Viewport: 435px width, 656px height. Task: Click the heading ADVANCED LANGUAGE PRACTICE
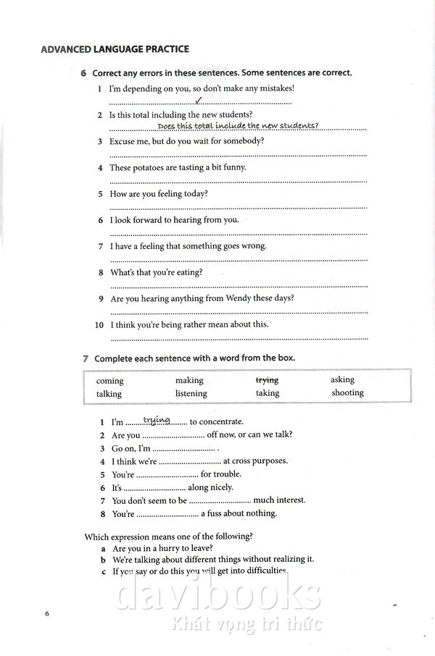tap(115, 49)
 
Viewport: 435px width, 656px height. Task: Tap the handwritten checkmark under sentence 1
tap(198, 101)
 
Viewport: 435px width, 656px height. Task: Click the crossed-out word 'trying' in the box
tap(267, 379)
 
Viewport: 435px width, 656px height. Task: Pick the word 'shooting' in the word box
tap(347, 392)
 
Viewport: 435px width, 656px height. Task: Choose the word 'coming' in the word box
tap(110, 381)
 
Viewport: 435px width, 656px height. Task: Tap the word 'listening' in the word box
tap(191, 394)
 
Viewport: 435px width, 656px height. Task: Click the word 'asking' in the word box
tap(342, 379)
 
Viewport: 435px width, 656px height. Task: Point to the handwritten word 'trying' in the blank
tap(157, 419)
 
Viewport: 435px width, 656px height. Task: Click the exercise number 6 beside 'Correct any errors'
tap(84, 73)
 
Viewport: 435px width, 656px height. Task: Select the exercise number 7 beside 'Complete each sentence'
tap(86, 358)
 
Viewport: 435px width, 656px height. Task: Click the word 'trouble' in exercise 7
tap(228, 474)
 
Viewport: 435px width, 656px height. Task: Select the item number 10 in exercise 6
tap(99, 325)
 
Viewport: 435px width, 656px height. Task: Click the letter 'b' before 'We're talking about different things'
tap(104, 559)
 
